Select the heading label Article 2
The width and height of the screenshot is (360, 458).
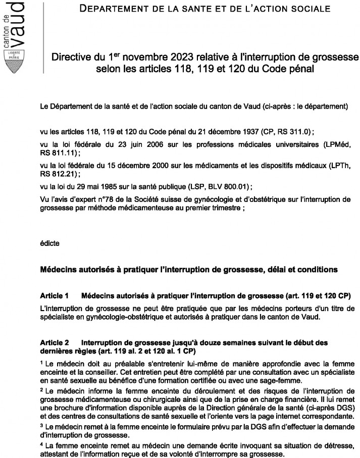[54, 342]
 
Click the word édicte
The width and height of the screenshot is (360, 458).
[49, 243]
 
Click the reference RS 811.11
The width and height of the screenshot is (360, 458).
[54, 152]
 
